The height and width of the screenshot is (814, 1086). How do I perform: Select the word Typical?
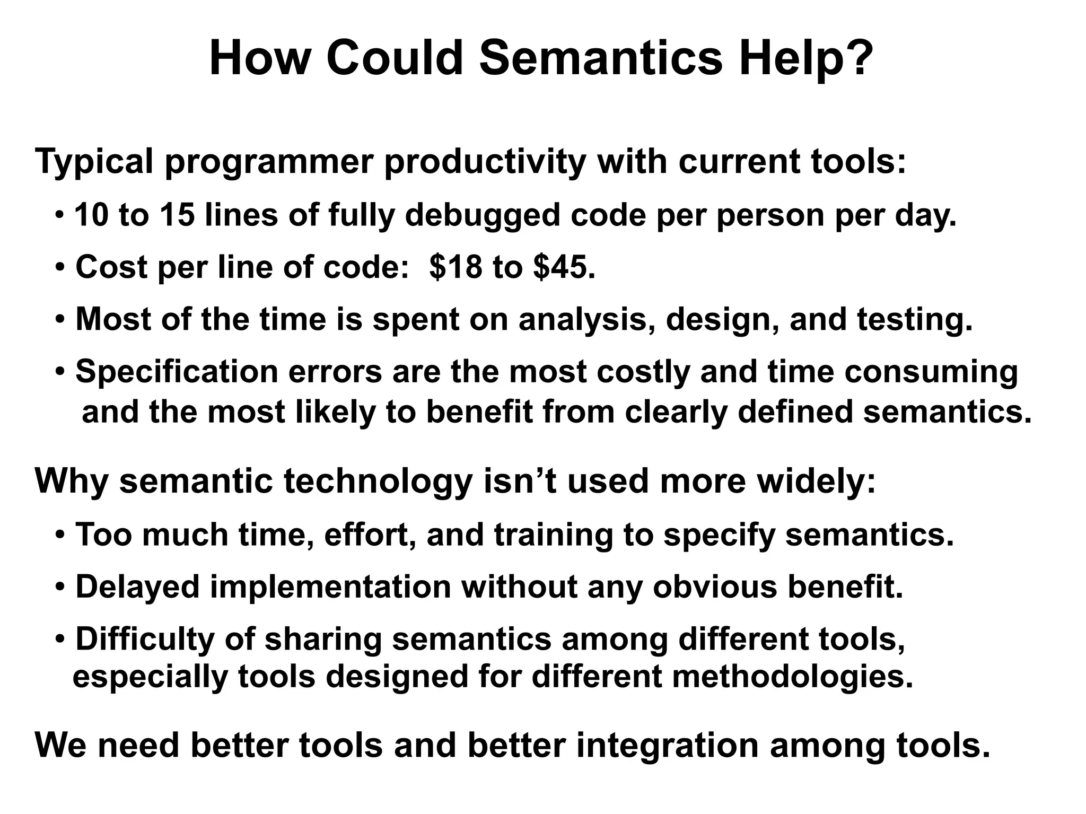(94, 162)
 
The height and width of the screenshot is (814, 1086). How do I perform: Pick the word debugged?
(483, 216)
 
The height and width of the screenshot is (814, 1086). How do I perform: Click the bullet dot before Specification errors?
(60, 372)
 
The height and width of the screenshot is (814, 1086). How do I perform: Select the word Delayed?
(137, 587)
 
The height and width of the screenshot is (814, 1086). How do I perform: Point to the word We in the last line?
(60, 745)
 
